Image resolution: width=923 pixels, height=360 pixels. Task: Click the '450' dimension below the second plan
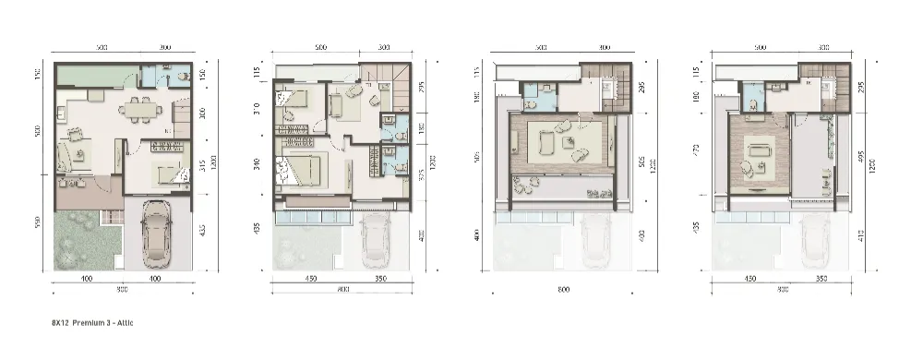312,276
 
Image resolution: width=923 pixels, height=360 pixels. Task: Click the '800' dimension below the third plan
562,290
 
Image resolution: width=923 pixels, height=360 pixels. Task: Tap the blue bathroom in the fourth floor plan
751,97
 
